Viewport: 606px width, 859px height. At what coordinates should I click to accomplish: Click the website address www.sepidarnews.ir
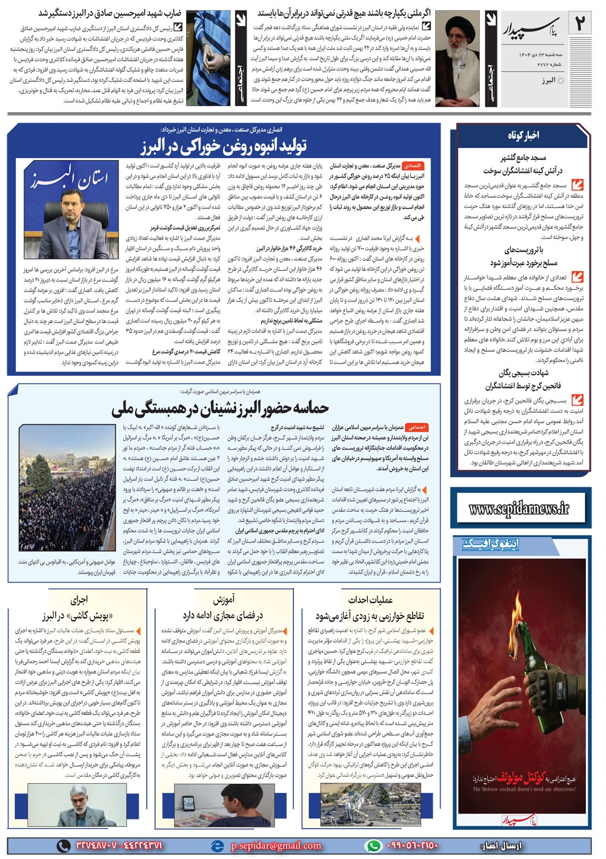tap(519, 509)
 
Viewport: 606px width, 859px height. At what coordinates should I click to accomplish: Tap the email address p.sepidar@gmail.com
tap(276, 845)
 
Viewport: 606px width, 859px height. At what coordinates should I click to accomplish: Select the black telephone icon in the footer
tap(63, 845)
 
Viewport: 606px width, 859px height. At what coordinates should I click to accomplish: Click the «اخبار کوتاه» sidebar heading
tap(523, 135)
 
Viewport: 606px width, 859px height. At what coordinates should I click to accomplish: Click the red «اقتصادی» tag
tap(413, 165)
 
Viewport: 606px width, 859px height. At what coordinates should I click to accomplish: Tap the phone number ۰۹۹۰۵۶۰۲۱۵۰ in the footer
tap(412, 845)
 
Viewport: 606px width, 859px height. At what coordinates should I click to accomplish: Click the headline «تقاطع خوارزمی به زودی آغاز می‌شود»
tap(370, 616)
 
